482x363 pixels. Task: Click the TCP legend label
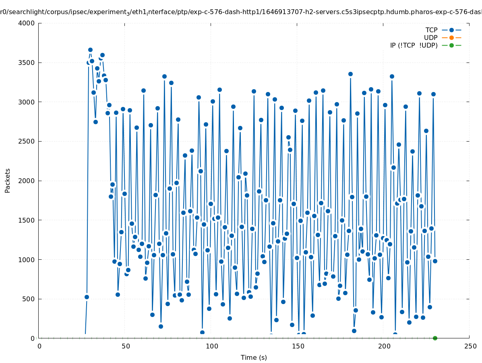(431, 30)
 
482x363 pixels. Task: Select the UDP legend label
(430, 38)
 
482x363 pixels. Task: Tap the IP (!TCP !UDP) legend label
(414, 45)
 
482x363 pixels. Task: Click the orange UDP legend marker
(451, 38)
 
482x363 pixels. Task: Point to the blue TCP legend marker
(451, 30)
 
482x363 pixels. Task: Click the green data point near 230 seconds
(435, 338)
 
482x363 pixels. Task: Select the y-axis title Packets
(8, 180)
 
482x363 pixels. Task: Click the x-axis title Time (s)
(254, 357)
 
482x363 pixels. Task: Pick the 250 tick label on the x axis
(470, 346)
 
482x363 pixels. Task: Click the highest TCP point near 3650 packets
(90, 50)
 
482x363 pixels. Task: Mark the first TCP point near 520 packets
(87, 297)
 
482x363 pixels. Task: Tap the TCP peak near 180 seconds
(350, 74)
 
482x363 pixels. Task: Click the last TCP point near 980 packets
(435, 261)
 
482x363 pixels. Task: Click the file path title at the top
(241, 12)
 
